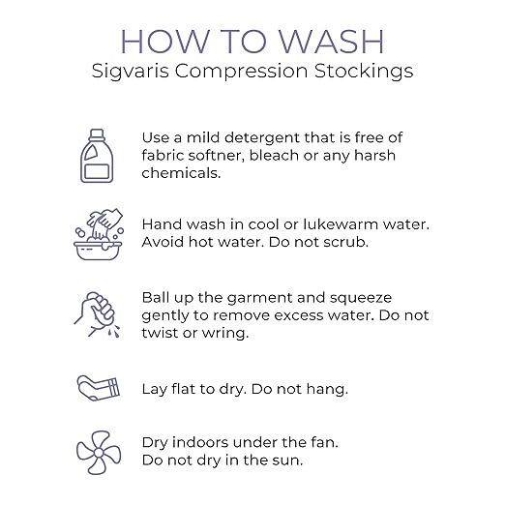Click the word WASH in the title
click(331, 42)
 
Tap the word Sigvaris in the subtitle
click(131, 72)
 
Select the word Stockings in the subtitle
click(364, 72)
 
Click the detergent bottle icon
click(97, 156)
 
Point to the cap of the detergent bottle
click(97, 134)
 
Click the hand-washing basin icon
click(98, 234)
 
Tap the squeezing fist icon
click(97, 314)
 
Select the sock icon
click(98, 388)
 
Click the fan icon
click(99, 453)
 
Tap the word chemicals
click(181, 173)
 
